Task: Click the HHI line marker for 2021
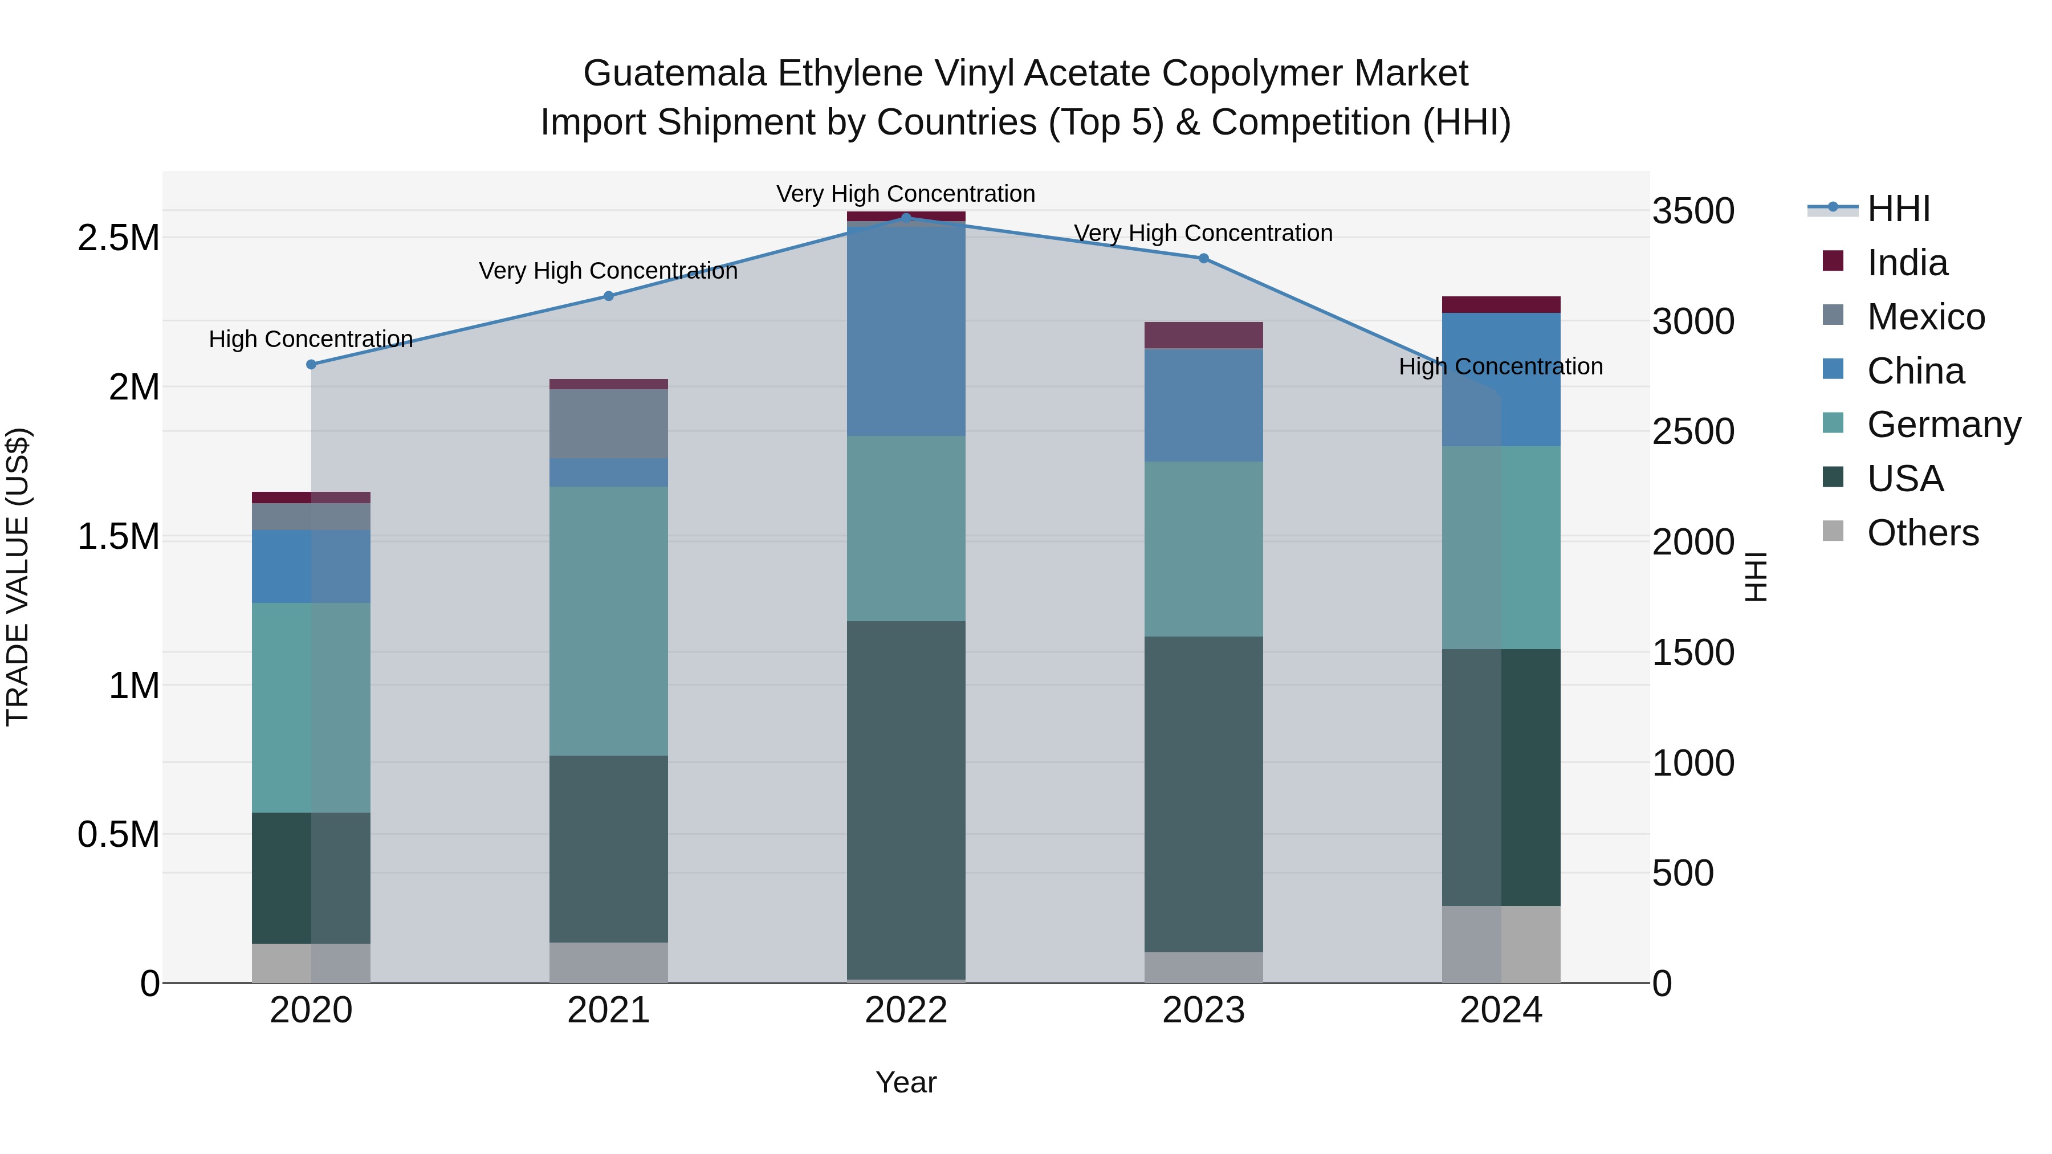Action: click(609, 296)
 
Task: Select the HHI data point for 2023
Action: click(1204, 258)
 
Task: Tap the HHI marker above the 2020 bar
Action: click(311, 365)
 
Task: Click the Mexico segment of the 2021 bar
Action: click(609, 423)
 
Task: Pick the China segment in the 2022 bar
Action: click(906, 331)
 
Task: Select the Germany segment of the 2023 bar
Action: click(1204, 549)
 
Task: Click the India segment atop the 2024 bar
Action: click(1501, 304)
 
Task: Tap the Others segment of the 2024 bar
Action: click(1501, 944)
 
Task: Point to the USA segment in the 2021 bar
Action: click(609, 849)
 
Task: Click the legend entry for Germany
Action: click(1944, 425)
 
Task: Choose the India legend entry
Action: click(1907, 263)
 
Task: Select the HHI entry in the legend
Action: click(1898, 209)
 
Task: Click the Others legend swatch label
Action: click(1922, 533)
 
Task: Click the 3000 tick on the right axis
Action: click(1693, 322)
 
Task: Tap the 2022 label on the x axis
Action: click(906, 1010)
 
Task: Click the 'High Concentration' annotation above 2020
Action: click(311, 339)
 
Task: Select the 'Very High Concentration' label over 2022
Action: click(906, 194)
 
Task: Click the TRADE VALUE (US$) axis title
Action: click(18, 577)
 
